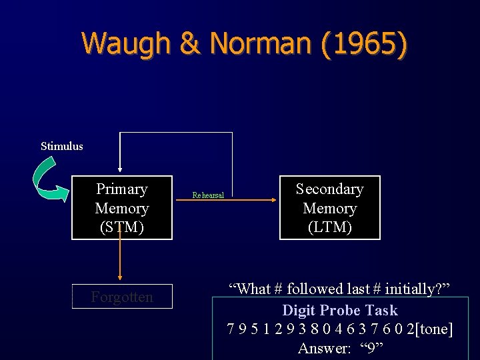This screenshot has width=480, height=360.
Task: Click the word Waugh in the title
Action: click(127, 44)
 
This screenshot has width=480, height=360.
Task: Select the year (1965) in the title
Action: click(363, 44)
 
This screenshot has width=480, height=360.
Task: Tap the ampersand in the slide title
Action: click(190, 44)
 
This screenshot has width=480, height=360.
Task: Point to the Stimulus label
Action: click(62, 146)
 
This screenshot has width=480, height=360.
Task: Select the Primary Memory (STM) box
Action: click(122, 208)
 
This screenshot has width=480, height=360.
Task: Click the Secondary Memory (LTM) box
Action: click(329, 208)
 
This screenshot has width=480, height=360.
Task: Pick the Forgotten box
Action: click(122, 297)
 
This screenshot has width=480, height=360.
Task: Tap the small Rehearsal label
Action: click(208, 195)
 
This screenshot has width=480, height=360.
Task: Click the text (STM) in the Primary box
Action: click(122, 227)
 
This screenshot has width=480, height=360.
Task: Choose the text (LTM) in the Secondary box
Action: click(330, 227)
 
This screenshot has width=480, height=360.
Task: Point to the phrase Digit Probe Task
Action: click(340, 310)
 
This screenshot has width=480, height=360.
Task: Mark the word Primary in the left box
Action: click(122, 189)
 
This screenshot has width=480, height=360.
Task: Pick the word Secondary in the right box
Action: click(330, 189)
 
